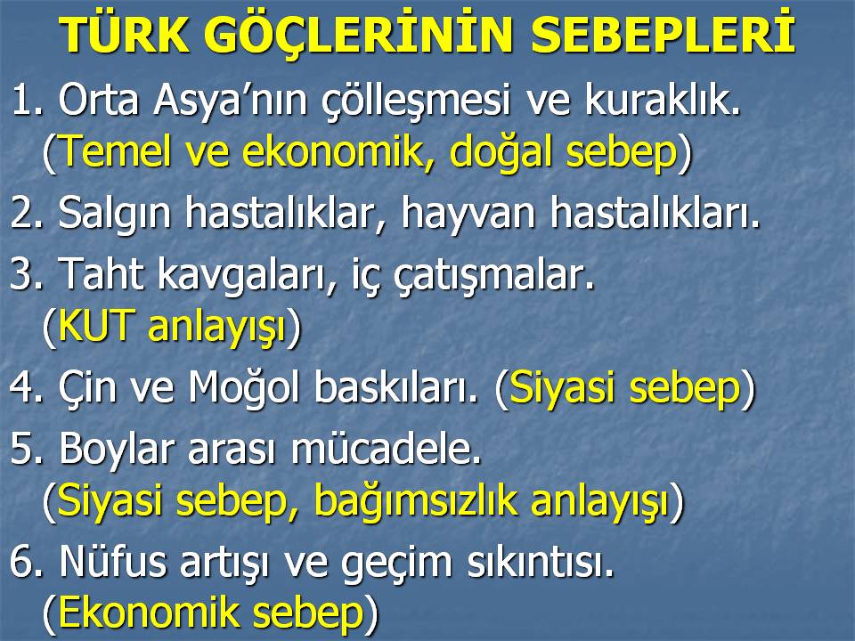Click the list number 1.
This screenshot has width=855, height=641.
tap(26, 100)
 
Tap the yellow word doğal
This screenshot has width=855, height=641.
tap(500, 153)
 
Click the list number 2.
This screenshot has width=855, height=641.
tap(26, 212)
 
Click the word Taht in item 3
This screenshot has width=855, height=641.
tap(101, 272)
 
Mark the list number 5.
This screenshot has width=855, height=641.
tap(26, 449)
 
